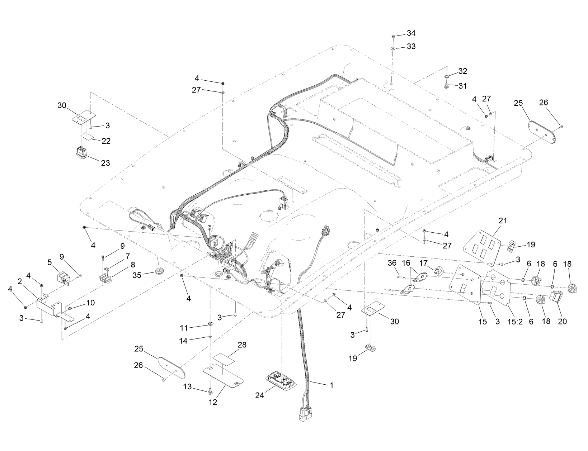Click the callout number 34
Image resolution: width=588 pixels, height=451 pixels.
pos(411,33)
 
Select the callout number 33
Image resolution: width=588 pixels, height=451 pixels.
pos(411,47)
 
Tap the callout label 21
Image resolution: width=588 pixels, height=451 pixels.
pos(503,220)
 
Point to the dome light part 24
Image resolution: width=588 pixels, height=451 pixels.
pos(282,379)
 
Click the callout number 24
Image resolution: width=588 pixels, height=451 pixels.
pos(260,395)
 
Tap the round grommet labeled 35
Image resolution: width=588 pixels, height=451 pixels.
pos(159,270)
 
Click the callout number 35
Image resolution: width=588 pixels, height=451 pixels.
pos(137,275)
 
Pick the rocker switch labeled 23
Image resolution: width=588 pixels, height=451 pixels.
pos(82,153)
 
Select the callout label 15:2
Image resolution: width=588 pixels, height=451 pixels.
pos(514,322)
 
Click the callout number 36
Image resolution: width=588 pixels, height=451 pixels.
pos(393,263)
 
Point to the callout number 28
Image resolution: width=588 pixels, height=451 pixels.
pos(242,345)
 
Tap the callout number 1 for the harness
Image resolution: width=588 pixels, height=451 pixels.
pos(331,385)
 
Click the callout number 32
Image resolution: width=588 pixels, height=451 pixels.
pos(462,71)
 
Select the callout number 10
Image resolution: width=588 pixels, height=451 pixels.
pos(90,303)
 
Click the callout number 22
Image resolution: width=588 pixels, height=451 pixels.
pos(106,141)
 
